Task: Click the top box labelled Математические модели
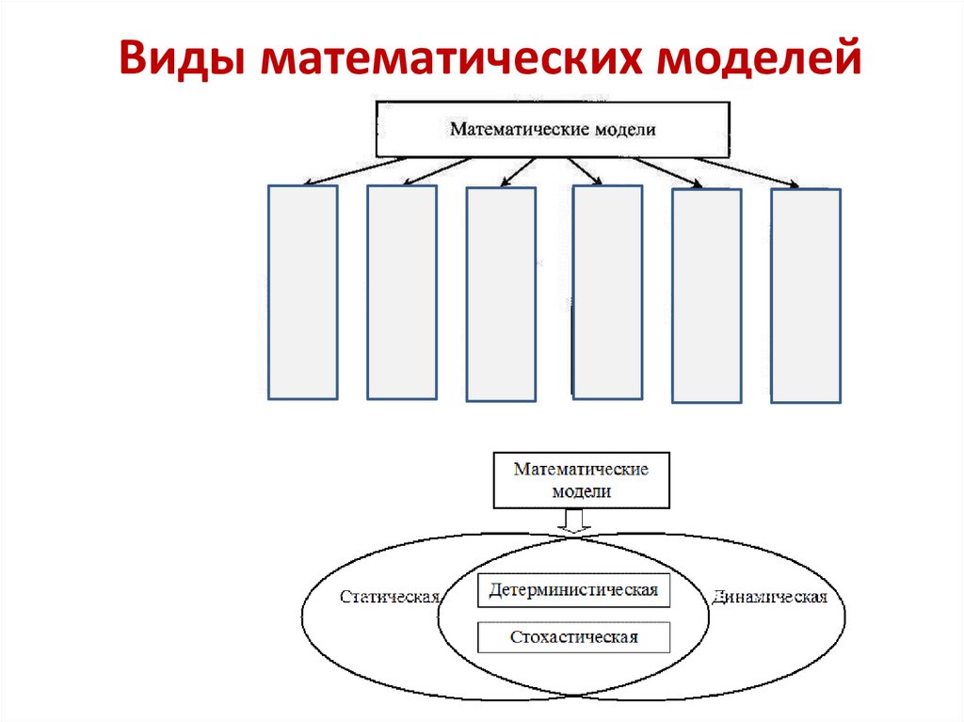(552, 130)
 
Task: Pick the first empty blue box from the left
(303, 292)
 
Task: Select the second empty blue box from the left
(402, 292)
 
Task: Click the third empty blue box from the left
(502, 295)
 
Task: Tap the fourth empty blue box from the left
(607, 292)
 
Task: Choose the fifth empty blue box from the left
(707, 296)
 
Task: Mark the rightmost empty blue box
(806, 296)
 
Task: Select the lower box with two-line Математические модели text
(581, 479)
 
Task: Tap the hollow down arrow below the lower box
(573, 521)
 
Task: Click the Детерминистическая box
(573, 590)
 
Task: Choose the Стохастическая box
(573, 637)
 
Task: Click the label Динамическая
(769, 598)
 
